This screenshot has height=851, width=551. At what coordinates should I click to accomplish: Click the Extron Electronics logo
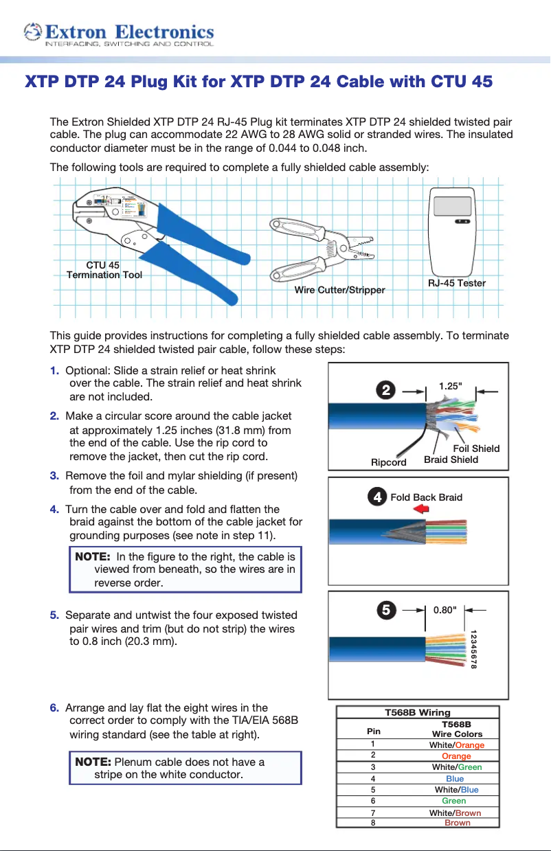(118, 34)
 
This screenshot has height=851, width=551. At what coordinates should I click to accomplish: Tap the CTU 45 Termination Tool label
(104, 270)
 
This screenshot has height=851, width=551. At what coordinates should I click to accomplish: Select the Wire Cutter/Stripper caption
(339, 291)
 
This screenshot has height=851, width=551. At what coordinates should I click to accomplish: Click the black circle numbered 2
(387, 389)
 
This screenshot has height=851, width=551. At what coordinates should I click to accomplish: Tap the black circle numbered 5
(387, 609)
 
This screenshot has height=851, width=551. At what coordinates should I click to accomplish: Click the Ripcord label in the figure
(389, 462)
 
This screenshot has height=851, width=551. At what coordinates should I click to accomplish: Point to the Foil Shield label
(476, 449)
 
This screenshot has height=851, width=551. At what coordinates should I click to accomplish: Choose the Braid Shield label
(451, 459)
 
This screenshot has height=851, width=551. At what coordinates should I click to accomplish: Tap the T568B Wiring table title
(417, 712)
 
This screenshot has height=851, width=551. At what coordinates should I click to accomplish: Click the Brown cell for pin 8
(458, 822)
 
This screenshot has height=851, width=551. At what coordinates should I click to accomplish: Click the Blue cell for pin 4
(455, 778)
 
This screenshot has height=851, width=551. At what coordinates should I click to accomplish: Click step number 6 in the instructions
(54, 708)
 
